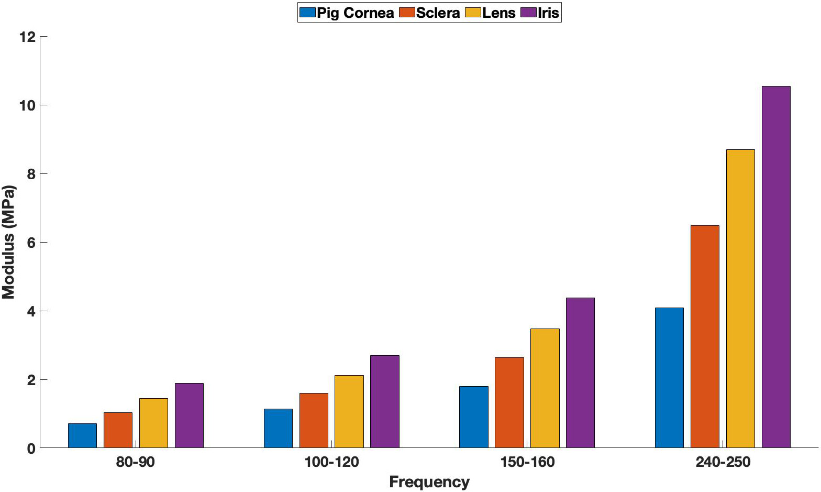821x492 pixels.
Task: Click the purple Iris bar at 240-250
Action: [775, 267]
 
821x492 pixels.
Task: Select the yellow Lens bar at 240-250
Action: [740, 299]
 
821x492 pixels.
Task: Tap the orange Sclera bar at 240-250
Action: [704, 336]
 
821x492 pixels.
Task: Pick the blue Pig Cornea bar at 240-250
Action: [669, 378]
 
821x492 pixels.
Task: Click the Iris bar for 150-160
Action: [580, 373]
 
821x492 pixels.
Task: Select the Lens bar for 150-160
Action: [545, 388]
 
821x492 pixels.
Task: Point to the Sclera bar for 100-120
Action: [314, 420]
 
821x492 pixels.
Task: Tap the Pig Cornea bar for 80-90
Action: [82, 435]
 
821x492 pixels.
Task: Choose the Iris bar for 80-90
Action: [189, 416]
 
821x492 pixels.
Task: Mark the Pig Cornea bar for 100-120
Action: [278, 428]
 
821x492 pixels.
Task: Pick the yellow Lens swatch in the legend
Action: [473, 13]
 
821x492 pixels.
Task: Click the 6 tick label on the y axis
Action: [31, 243]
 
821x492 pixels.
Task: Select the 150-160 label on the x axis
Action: [527, 462]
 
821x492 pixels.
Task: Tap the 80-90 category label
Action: [136, 462]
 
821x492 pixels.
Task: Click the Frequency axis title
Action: [429, 482]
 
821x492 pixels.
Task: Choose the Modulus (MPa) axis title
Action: [9, 242]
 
